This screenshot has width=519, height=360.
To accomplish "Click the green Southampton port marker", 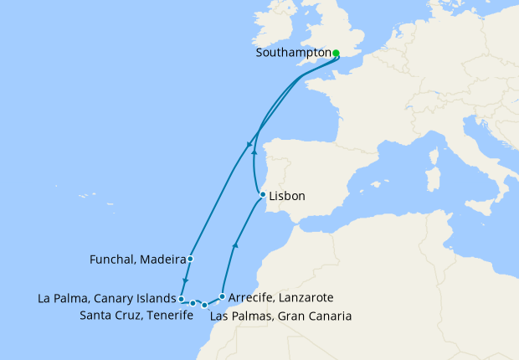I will [x=336, y=54].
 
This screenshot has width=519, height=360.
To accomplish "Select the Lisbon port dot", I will [x=263, y=196].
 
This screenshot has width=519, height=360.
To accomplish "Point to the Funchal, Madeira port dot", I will [x=191, y=259].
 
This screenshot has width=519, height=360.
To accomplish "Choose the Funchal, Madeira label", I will [x=137, y=260].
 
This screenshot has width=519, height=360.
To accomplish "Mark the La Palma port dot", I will [x=181, y=297].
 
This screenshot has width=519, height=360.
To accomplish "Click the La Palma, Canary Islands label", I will [x=107, y=297].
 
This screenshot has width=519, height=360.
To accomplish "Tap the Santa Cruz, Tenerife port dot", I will [x=193, y=303].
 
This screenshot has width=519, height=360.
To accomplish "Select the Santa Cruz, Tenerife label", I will [x=133, y=316].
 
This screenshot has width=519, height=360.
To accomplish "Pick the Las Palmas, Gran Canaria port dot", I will [x=205, y=306].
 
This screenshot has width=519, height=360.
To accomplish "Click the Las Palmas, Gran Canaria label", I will [x=280, y=316].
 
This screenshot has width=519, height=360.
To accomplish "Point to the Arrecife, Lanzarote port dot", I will [x=221, y=296].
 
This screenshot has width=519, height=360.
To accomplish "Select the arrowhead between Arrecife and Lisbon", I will [x=235, y=246].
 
